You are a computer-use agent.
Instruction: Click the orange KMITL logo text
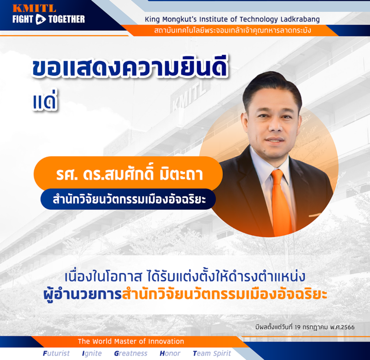click(x=35, y=9)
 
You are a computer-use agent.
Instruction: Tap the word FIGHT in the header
click(x=23, y=19)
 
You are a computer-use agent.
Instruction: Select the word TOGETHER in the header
click(x=66, y=19)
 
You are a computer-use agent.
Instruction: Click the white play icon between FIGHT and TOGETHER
click(x=40, y=19)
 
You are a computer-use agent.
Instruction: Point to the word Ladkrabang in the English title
click(x=300, y=19)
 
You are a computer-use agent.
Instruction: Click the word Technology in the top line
click(x=259, y=19)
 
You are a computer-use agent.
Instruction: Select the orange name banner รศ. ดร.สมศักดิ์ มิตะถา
click(x=128, y=173)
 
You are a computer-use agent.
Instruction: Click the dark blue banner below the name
click(x=128, y=199)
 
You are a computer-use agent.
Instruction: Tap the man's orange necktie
click(x=281, y=203)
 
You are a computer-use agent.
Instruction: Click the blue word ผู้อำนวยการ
click(x=82, y=295)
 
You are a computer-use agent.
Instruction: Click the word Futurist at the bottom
click(x=56, y=353)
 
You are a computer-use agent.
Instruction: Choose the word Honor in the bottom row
click(x=170, y=353)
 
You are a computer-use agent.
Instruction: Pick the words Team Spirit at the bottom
click(x=212, y=353)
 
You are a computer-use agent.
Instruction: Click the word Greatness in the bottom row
click(x=131, y=353)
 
